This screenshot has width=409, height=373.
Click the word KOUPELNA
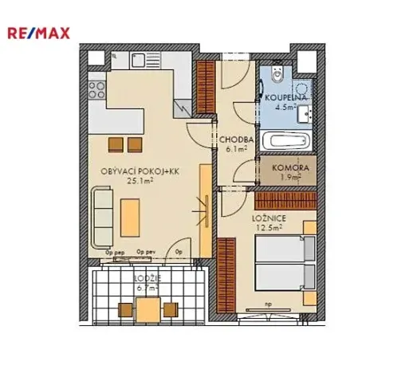[x=280, y=98]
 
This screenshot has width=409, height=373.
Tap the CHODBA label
[x=234, y=138]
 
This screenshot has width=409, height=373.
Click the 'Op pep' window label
[x=115, y=252]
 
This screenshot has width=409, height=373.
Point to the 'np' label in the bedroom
[x=269, y=303]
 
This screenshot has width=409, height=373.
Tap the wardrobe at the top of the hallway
[x=206, y=88]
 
